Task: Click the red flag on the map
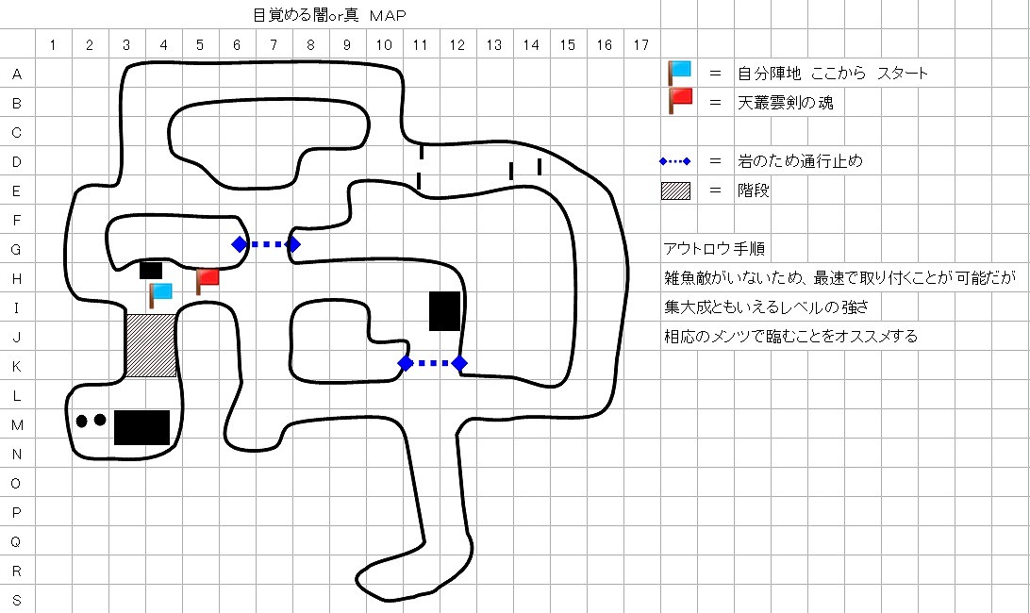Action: coord(207,279)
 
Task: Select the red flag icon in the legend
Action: coord(679,100)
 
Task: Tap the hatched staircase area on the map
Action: coord(151,345)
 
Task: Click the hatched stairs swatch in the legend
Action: coord(675,191)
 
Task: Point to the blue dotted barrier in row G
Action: coord(266,244)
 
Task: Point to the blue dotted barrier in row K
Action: coord(432,363)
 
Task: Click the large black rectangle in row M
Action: coord(141,427)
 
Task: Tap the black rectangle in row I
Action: coord(444,310)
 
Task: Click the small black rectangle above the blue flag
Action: coord(151,270)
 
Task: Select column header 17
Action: coord(641,44)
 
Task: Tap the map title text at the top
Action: coord(317,14)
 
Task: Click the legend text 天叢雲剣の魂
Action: coord(786,103)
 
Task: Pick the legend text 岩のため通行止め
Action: coord(800,161)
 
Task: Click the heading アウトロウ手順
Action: coord(714,249)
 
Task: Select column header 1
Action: coord(53,44)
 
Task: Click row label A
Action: coord(17,74)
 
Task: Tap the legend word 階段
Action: coord(755,191)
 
